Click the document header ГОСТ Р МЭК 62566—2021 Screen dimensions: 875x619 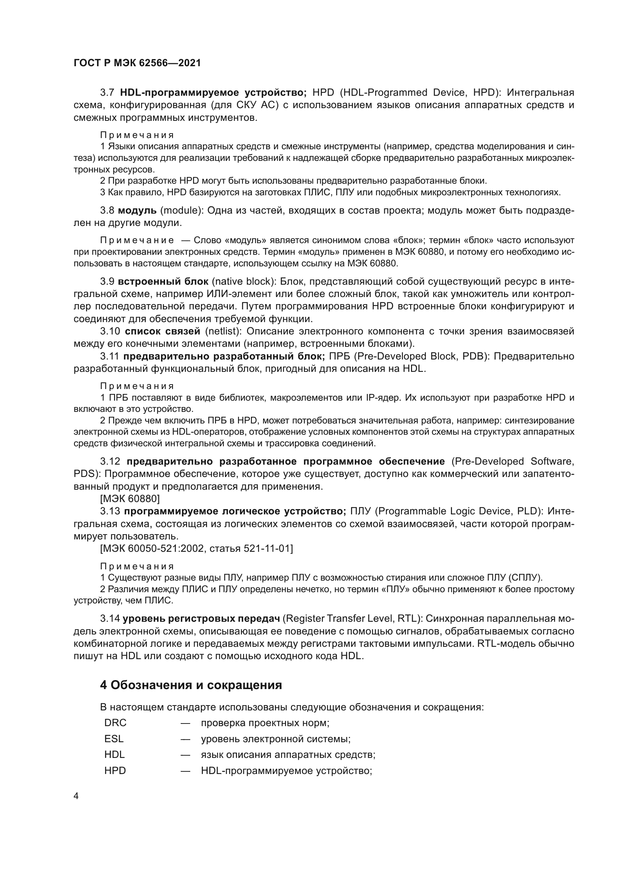coord(137,63)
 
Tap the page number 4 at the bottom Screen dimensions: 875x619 coord(76,796)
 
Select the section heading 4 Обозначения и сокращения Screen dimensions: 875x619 coord(191,685)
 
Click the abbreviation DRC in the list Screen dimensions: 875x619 coord(115,723)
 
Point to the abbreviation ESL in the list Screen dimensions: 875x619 coord(114,739)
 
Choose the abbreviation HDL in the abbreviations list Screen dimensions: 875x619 coord(115,755)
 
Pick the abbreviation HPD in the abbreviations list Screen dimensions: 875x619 coord(115,771)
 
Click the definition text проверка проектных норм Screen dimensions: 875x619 coord(265,723)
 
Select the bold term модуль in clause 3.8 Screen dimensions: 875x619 coord(137,210)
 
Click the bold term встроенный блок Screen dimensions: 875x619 coord(163,282)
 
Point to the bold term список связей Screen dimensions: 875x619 coord(162,331)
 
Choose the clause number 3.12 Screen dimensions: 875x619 coord(110,462)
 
